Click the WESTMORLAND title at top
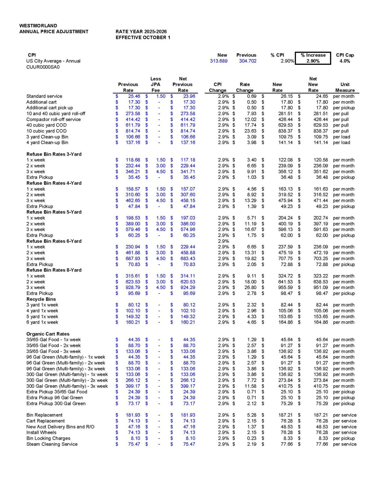[38, 26]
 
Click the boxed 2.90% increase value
[313, 61]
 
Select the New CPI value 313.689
[219, 61]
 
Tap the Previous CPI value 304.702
[247, 61]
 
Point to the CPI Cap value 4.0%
[345, 61]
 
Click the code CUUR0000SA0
[43, 67]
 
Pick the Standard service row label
[44, 96]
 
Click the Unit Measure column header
[345, 87]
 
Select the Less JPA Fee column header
[156, 84]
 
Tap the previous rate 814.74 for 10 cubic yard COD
[133, 131]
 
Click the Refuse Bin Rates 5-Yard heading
[54, 212]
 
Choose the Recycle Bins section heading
[41, 299]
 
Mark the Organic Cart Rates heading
[48, 334]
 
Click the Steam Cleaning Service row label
[52, 444]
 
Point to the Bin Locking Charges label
[49, 438]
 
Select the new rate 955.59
[285, 287]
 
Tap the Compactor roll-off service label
[54, 119]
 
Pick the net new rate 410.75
[321, 386]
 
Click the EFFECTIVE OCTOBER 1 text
[143, 38]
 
